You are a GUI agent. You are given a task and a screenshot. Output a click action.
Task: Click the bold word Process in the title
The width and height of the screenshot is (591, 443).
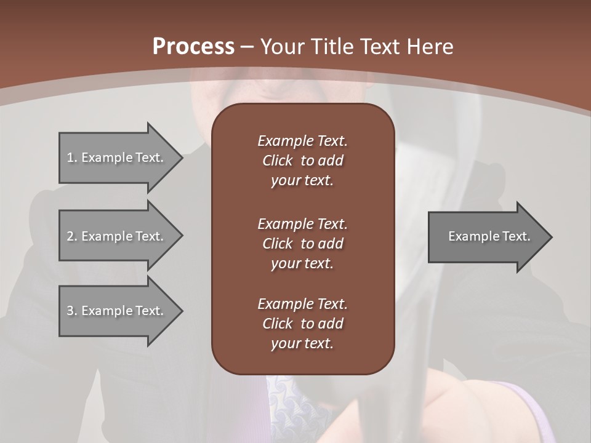pyautogui.click(x=193, y=46)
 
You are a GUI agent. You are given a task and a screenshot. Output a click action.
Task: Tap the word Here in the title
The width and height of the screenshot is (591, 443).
pyautogui.click(x=430, y=46)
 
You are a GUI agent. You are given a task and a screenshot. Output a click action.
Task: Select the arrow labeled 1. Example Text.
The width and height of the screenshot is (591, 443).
pyautogui.click(x=117, y=158)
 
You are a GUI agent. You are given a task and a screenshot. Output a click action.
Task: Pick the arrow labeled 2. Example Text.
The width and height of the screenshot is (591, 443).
pyautogui.click(x=117, y=236)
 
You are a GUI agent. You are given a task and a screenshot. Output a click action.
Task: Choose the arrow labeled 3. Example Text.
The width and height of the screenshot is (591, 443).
pyautogui.click(x=117, y=311)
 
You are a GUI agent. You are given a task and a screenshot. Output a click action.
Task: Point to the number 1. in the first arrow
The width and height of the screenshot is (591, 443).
pyautogui.click(x=72, y=158)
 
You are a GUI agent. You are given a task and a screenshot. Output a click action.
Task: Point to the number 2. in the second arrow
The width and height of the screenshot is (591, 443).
pyautogui.click(x=72, y=236)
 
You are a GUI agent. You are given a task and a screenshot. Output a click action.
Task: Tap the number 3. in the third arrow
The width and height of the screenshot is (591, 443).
pyautogui.click(x=72, y=311)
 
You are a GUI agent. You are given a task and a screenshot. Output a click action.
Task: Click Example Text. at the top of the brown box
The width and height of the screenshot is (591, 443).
pyautogui.click(x=302, y=141)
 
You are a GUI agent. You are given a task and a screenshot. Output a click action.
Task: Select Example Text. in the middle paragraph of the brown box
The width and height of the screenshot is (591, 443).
pyautogui.click(x=302, y=224)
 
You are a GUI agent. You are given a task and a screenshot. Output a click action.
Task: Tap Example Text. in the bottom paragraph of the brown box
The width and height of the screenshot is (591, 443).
pyautogui.click(x=302, y=304)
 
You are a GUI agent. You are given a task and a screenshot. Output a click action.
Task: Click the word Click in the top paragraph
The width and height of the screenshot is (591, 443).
pyautogui.click(x=277, y=161)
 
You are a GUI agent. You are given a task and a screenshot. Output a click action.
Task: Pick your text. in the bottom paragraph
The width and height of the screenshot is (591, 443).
pyautogui.click(x=302, y=343)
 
